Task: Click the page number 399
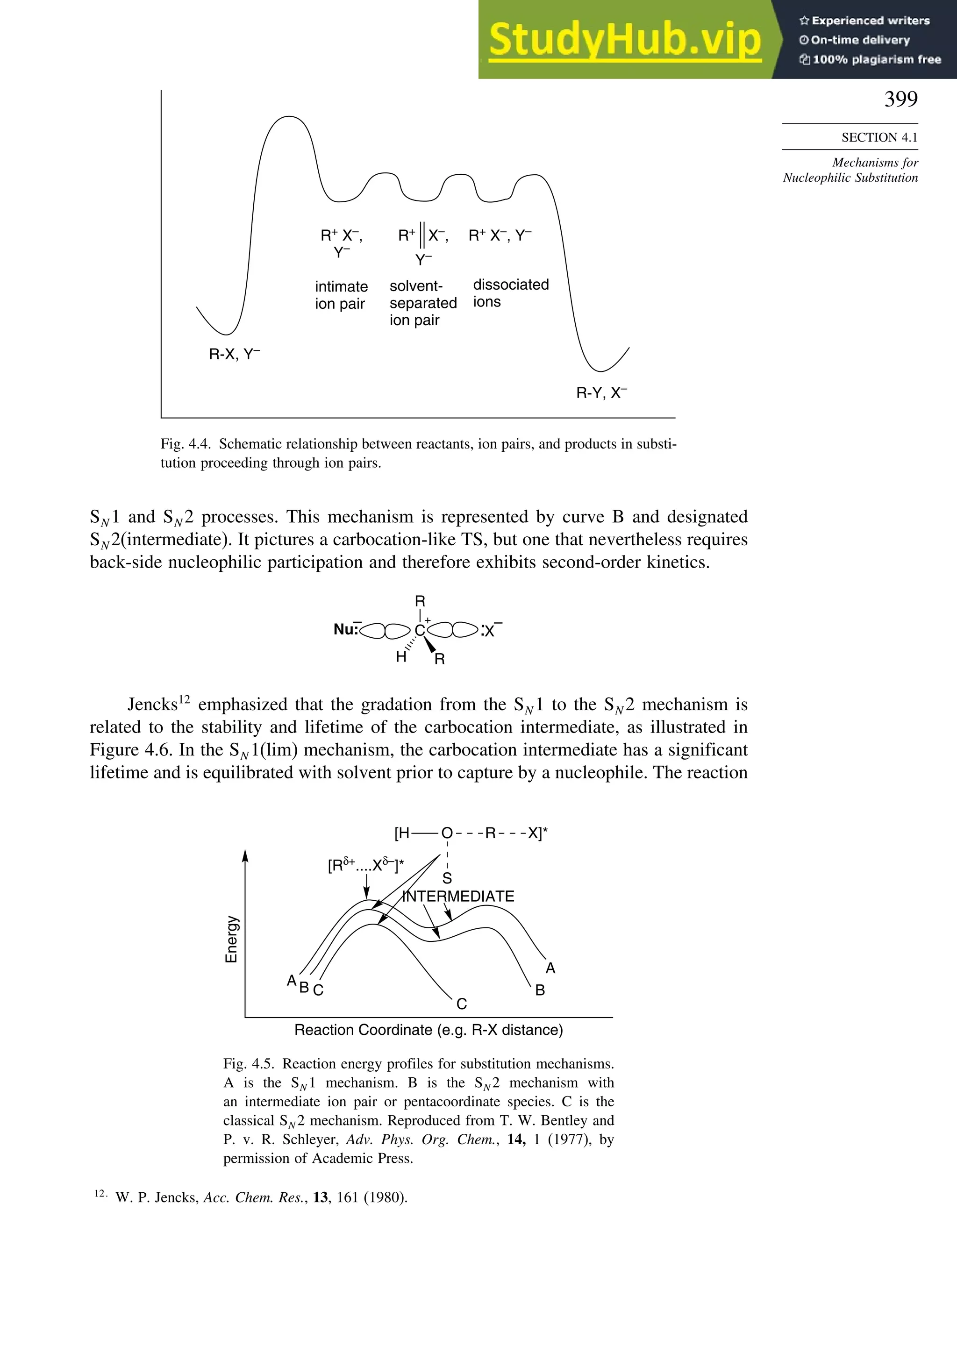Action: (900, 99)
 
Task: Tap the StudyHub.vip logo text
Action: (625, 40)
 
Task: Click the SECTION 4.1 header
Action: (879, 137)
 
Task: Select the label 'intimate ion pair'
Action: (341, 295)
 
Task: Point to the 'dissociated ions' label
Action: (510, 293)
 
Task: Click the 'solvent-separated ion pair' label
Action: (422, 303)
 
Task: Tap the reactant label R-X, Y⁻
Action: (234, 355)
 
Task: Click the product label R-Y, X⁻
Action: (601, 393)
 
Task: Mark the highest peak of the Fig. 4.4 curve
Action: (289, 117)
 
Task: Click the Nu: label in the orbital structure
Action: (346, 629)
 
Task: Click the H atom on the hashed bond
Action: (401, 657)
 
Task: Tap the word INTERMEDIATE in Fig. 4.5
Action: (458, 896)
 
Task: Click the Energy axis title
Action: (232, 939)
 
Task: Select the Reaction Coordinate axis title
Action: (428, 1030)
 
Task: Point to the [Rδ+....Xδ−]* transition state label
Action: (365, 865)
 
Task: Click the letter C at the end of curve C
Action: (462, 1004)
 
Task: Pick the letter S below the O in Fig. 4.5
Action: (447, 878)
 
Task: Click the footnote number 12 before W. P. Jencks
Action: (100, 1193)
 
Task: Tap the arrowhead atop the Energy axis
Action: (245, 855)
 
